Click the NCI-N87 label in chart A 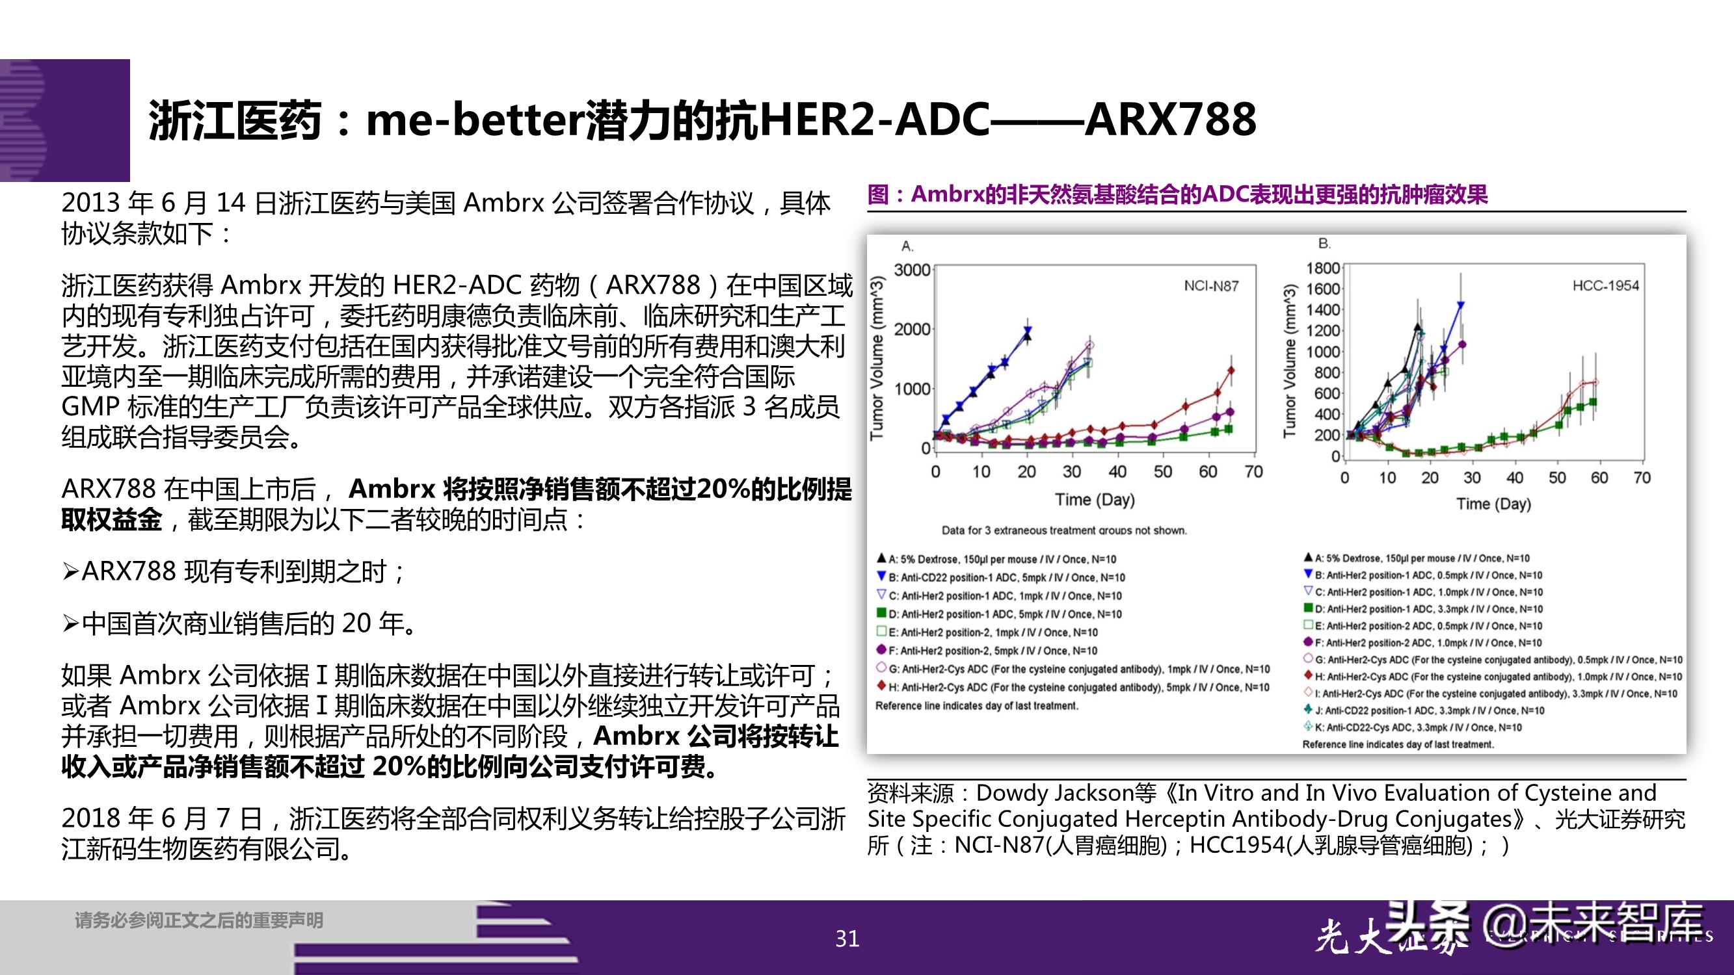[1210, 286]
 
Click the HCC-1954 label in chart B [1605, 285]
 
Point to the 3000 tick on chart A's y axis [911, 270]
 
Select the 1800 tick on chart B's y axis [1323, 268]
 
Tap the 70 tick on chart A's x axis [1253, 472]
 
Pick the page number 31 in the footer [847, 938]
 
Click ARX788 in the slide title [1170, 120]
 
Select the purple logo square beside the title [65, 120]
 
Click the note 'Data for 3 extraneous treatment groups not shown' [1063, 530]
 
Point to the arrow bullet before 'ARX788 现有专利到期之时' [70, 572]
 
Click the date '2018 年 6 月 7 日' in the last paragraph [161, 818]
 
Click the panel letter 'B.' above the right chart [1324, 244]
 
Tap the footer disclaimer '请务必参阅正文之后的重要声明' [198, 920]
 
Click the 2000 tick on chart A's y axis [911, 329]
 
